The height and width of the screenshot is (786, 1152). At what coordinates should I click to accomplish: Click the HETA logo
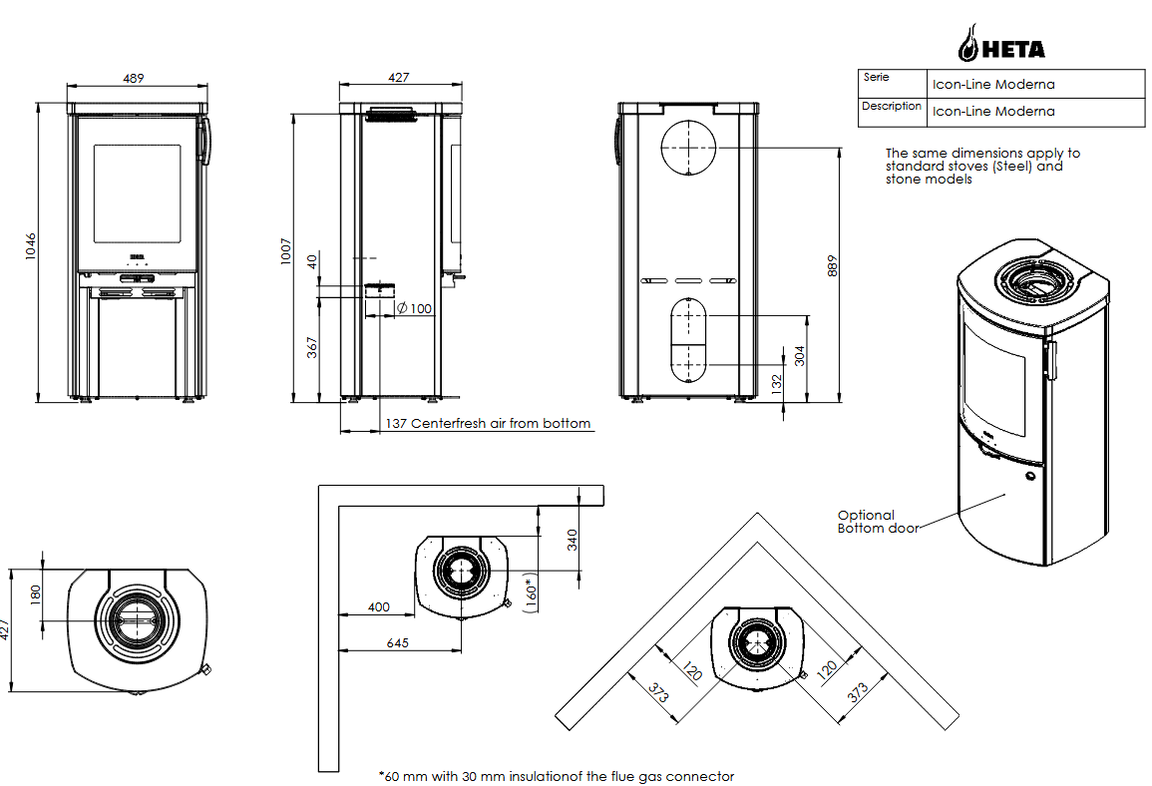point(1001,44)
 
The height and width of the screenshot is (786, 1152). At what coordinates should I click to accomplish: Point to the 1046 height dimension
point(31,247)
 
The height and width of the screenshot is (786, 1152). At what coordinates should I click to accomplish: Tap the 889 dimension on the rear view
point(833,265)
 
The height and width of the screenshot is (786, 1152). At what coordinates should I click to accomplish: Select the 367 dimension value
point(311,347)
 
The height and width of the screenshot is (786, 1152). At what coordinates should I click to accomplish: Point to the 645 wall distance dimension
point(397,643)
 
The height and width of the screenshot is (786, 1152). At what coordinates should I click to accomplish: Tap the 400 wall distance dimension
point(379,606)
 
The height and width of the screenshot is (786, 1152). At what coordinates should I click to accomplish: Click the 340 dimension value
point(572,539)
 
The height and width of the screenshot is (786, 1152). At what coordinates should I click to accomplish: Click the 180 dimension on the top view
point(36,593)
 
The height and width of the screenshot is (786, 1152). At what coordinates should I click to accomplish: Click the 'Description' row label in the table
point(891,106)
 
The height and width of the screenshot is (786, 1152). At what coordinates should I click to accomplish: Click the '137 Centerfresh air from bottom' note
point(488,424)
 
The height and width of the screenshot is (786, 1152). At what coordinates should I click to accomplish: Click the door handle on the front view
point(205,141)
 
